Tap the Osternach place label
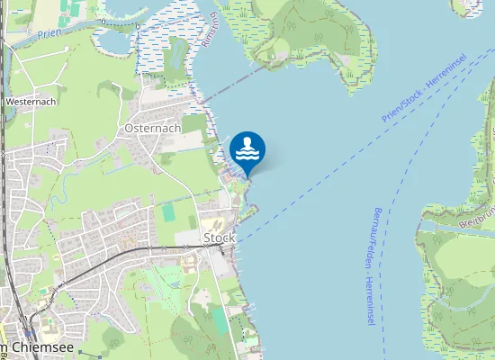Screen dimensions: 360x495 (153, 128)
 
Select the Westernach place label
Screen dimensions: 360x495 (31, 102)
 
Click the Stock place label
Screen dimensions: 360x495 (220, 238)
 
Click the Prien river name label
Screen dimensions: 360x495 (49, 33)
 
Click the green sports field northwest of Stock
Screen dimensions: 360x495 (168, 212)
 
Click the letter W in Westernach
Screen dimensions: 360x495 (9, 102)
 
